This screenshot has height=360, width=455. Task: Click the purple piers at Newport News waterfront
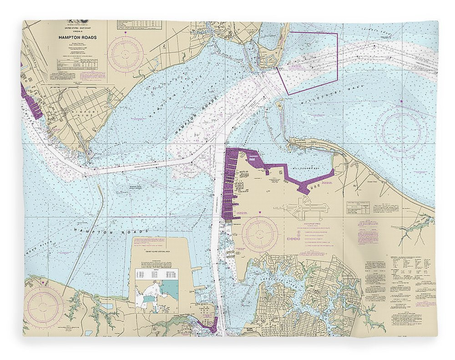coord(31,103)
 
